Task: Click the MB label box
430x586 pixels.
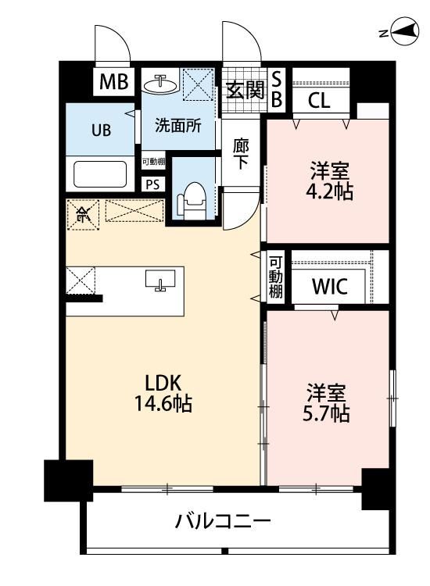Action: (x=113, y=82)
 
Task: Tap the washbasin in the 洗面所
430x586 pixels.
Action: (x=161, y=84)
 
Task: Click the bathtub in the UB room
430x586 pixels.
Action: (x=100, y=174)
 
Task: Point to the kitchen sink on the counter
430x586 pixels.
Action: (x=160, y=280)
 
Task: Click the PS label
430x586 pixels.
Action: (x=152, y=184)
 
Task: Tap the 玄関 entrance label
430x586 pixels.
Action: (x=245, y=90)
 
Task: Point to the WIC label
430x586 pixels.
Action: (x=329, y=286)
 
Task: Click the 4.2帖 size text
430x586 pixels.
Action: (x=329, y=192)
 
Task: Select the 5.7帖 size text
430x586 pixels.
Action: (x=326, y=413)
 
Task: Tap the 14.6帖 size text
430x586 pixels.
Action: (x=163, y=403)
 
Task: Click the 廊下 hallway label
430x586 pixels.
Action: (x=241, y=154)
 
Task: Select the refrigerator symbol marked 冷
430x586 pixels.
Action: (x=83, y=215)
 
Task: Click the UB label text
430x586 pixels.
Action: (x=101, y=130)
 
